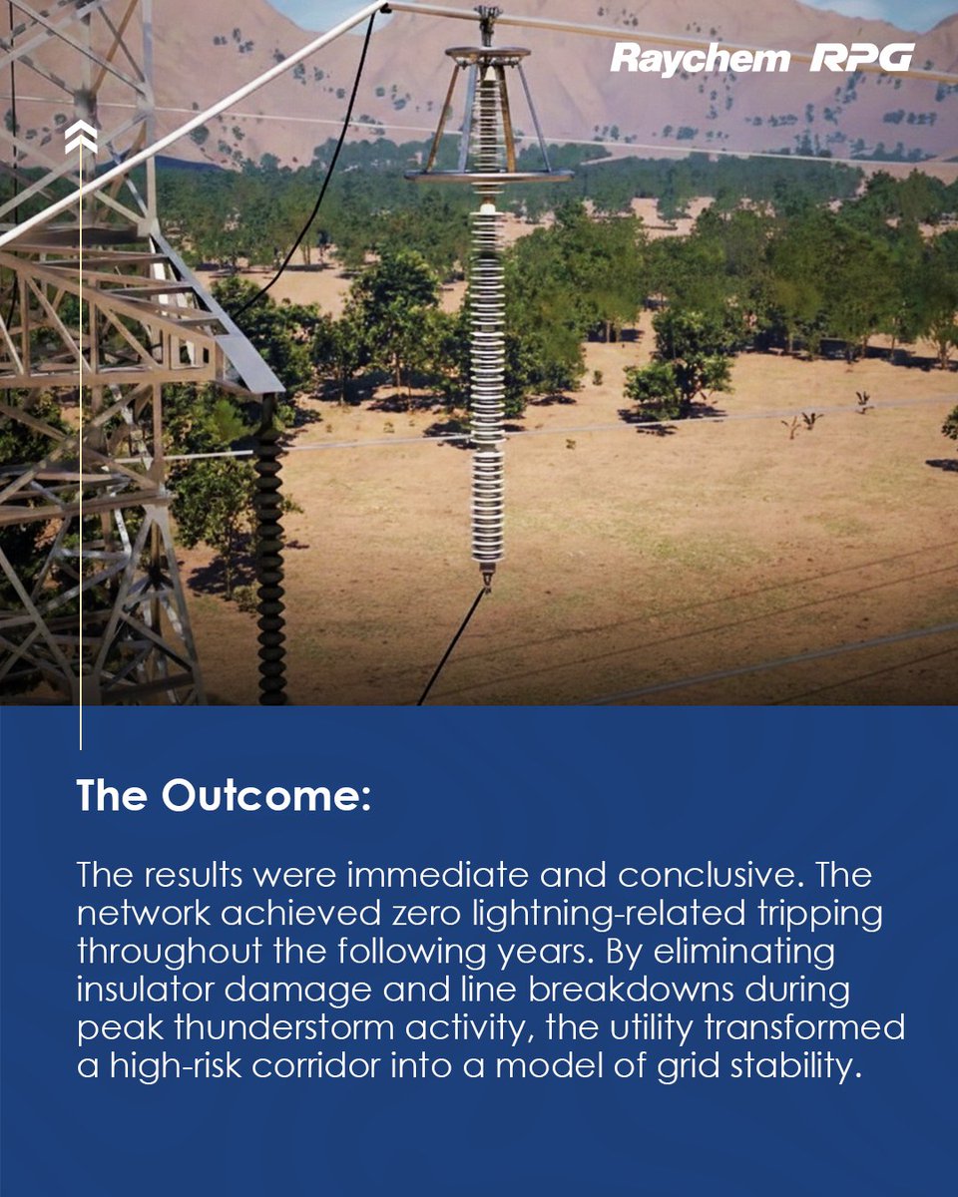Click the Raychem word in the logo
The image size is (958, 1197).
click(x=700, y=59)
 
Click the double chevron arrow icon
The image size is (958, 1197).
click(x=80, y=139)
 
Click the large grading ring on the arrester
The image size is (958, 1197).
click(x=489, y=176)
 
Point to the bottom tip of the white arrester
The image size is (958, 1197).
click(x=487, y=581)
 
